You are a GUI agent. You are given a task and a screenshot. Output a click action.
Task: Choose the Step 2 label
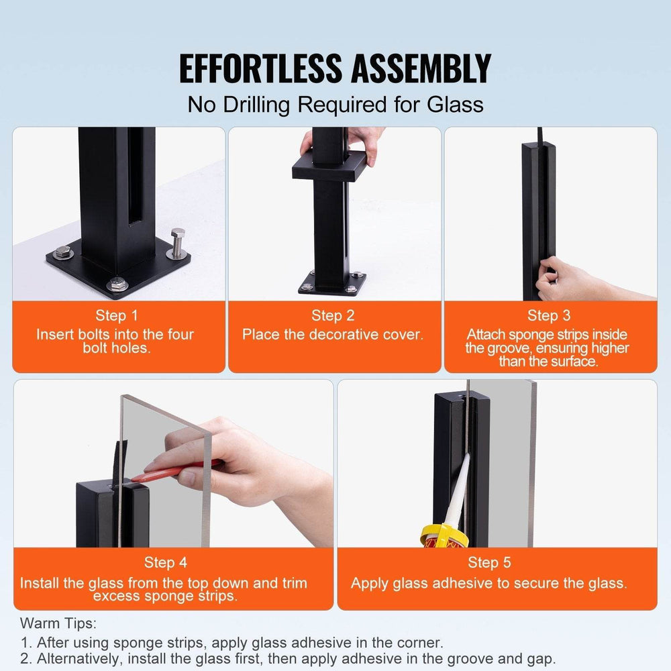[333, 315]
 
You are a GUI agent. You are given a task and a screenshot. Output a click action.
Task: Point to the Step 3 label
[549, 315]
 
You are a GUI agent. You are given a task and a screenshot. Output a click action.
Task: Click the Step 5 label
[489, 562]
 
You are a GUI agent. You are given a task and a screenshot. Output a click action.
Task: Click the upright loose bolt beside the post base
[177, 243]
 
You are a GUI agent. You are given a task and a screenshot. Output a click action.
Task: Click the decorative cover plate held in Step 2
[329, 165]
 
